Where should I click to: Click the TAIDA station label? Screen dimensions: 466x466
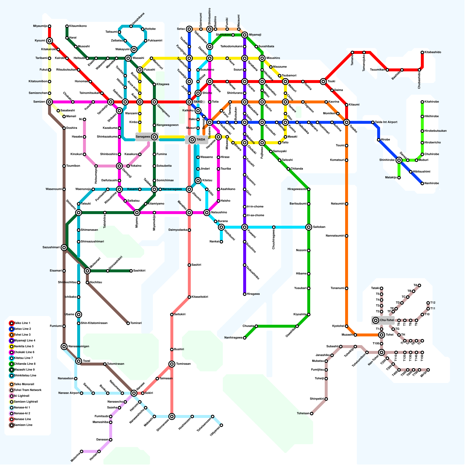coord(201,140)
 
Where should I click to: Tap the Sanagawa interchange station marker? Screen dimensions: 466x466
coord(154,137)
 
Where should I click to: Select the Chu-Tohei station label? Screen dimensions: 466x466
coord(387,320)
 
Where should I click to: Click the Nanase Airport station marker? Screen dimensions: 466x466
coord(82,393)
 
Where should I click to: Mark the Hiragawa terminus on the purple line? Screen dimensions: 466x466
coord(245,294)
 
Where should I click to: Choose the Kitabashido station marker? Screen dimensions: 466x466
coord(422,52)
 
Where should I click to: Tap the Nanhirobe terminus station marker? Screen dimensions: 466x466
coord(422,183)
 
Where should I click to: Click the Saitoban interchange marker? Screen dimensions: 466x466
coord(309,227)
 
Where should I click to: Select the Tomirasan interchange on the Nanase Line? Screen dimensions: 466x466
coord(172,364)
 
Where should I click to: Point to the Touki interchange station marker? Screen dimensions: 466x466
coord(323,82)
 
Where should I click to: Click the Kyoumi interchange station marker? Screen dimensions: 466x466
coord(50,41)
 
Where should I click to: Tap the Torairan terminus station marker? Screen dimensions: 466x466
coord(128,323)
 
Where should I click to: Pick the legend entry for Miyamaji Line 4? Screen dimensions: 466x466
coord(25,340)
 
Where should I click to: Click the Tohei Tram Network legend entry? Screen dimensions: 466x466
coord(28,390)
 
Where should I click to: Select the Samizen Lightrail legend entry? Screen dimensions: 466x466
coord(26,402)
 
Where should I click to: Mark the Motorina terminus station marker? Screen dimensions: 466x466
coord(82,451)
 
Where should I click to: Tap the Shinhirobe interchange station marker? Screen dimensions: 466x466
coord(399,160)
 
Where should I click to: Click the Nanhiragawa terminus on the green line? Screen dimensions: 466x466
coord(245,338)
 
